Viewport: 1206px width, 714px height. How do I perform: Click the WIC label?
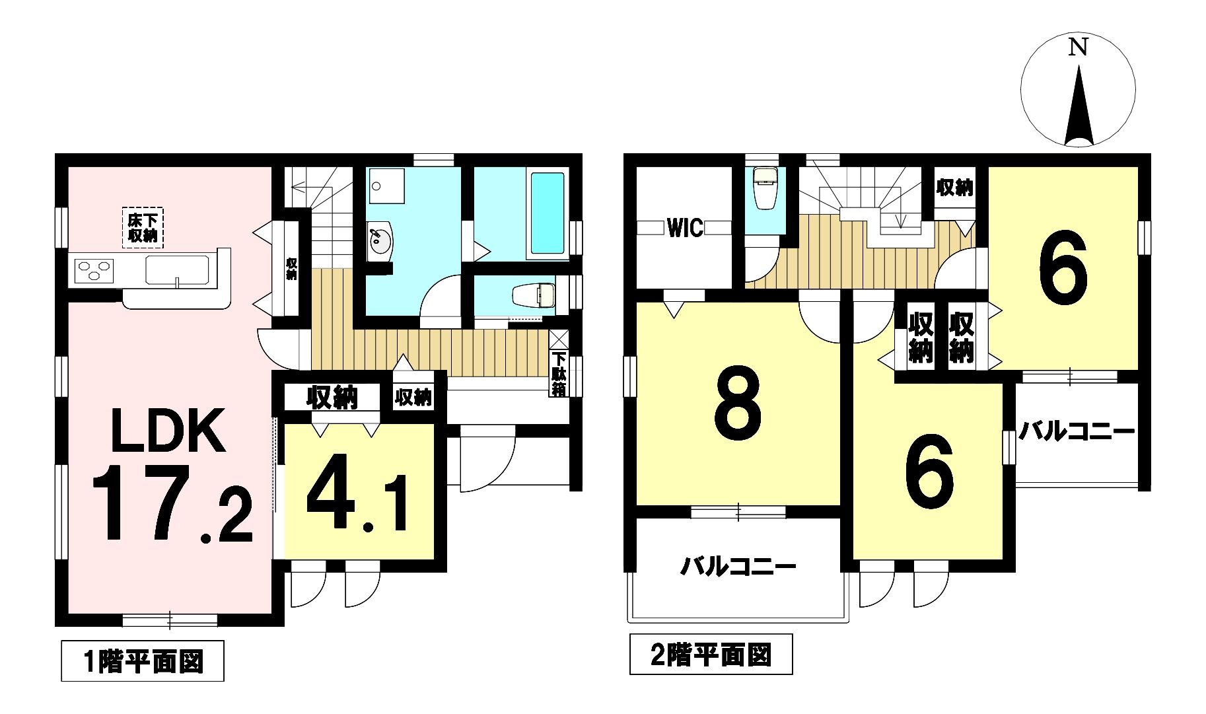(685, 229)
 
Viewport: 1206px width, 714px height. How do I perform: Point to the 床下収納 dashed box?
(143, 228)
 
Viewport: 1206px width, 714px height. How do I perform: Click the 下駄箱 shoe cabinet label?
(559, 375)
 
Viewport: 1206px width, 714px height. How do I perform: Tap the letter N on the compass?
(1078, 48)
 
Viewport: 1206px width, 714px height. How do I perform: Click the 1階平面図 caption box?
(143, 660)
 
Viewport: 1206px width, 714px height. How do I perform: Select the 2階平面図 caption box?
(711, 655)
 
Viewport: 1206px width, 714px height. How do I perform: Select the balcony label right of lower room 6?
(1076, 433)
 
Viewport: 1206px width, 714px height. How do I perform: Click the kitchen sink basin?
(178, 270)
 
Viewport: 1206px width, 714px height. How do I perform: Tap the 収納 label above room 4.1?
(331, 398)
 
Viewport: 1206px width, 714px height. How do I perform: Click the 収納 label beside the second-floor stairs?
(954, 188)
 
